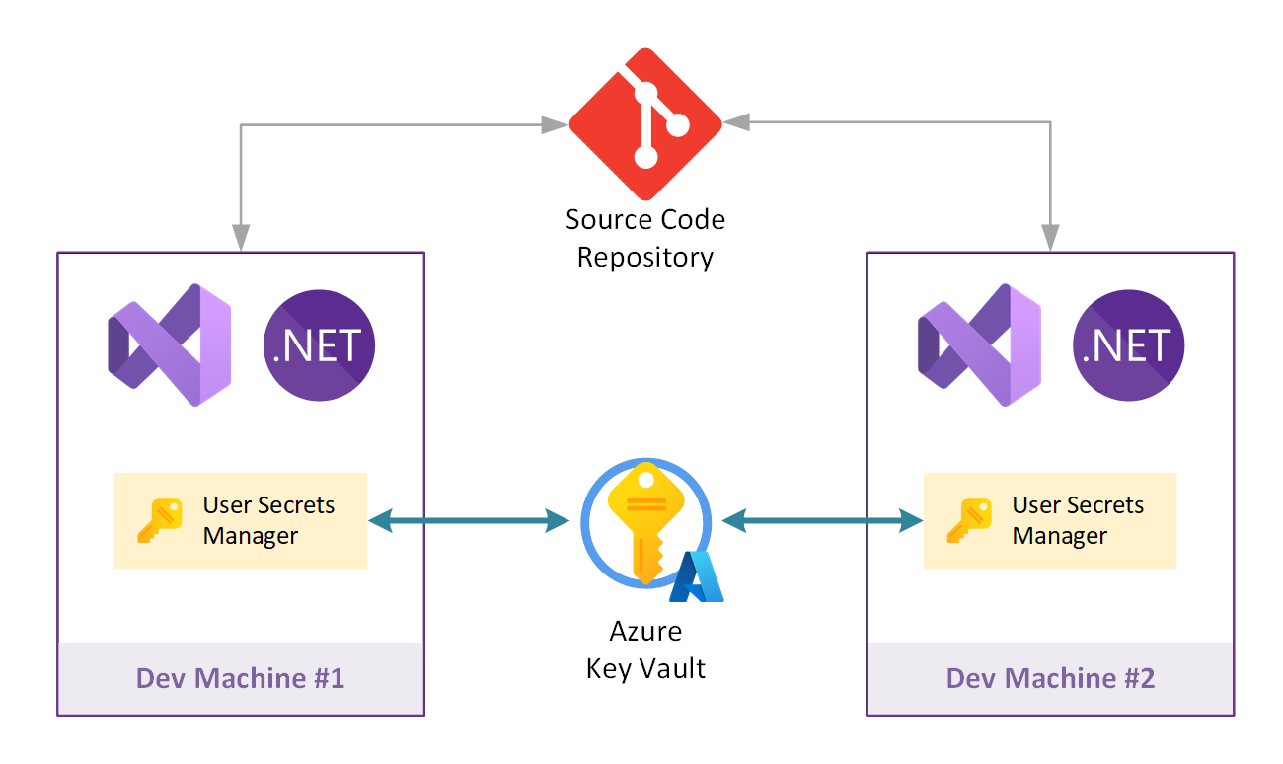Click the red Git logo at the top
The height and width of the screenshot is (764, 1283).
[645, 124]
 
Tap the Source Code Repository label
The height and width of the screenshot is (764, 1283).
[645, 238]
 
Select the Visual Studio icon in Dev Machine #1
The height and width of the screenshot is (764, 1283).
[169, 344]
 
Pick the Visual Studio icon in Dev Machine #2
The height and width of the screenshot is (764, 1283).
[979, 344]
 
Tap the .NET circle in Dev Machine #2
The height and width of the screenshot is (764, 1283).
[1129, 344]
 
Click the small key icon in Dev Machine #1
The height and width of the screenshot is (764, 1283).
[159, 520]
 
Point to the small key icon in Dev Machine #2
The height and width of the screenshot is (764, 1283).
[968, 520]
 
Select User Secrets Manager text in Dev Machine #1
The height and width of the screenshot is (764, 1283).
[268, 520]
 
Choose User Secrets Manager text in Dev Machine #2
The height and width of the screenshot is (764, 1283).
[1078, 520]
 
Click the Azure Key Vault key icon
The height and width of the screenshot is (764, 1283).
[643, 523]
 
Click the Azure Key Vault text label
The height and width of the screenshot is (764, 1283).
[645, 649]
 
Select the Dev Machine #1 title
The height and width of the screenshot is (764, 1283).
[240, 678]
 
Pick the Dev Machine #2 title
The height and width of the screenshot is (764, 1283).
[1050, 678]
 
